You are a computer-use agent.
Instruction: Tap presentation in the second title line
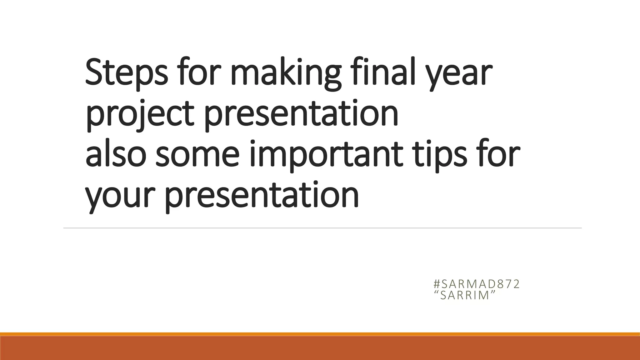[x=301, y=114]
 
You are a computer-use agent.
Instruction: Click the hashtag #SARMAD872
[x=477, y=284]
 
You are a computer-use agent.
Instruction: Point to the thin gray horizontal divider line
[x=322, y=228]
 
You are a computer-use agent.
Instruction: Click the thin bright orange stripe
[x=320, y=334]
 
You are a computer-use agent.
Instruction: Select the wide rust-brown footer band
[x=320, y=348]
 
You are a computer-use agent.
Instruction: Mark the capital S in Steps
[x=93, y=72]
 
